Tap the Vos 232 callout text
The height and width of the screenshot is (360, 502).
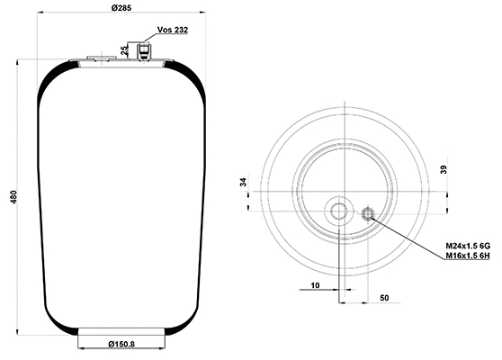[x=173, y=30]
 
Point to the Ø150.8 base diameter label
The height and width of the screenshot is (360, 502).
[x=121, y=344]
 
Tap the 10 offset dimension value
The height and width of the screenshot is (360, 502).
[x=315, y=284]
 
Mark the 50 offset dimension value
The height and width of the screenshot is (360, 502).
[x=383, y=296]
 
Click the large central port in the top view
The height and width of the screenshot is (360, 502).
[x=339, y=212]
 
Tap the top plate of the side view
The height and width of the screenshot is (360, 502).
[x=121, y=62]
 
